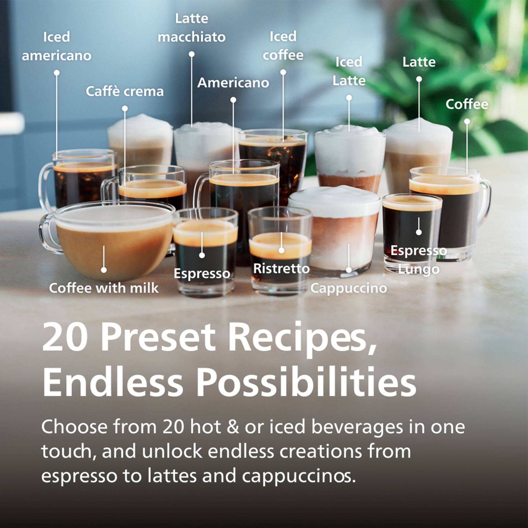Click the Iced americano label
pyautogui.click(x=56, y=46)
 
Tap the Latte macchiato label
pyautogui.click(x=192, y=28)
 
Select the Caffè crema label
pyautogui.click(x=125, y=91)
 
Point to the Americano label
pyautogui.click(x=233, y=83)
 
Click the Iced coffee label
pyautogui.click(x=283, y=46)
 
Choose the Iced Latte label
pyautogui.click(x=349, y=71)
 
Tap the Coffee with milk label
pyautogui.click(x=103, y=288)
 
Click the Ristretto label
pyautogui.click(x=281, y=268)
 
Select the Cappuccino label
pyautogui.click(x=349, y=288)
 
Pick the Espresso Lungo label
pyautogui.click(x=418, y=260)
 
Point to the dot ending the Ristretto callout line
pyautogui.click(x=281, y=250)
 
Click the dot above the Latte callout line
pyautogui.click(x=419, y=79)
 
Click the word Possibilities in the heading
pyautogui.click(x=306, y=383)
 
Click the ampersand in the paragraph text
pyautogui.click(x=233, y=427)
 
